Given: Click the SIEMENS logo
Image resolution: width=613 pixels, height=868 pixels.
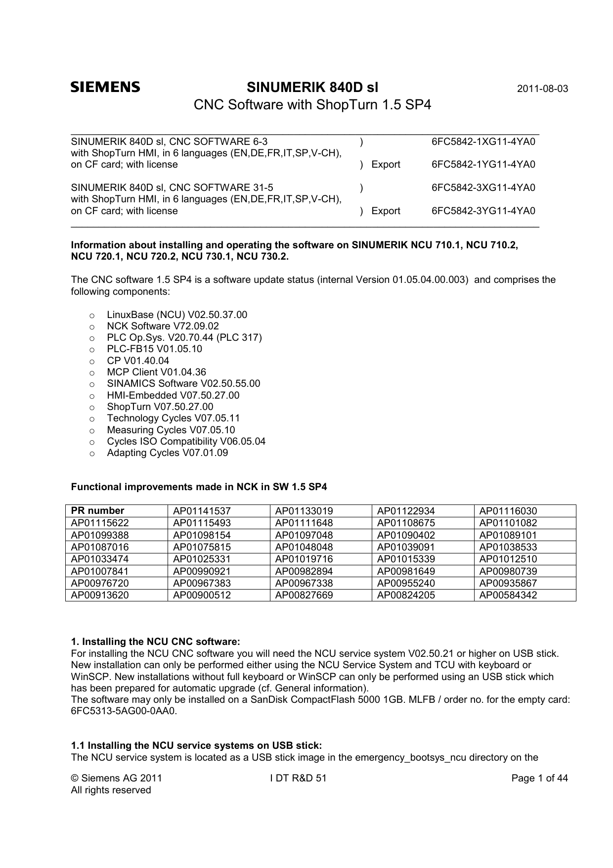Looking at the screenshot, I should coord(105,88).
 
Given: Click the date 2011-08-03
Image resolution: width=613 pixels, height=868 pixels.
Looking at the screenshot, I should coord(542,90).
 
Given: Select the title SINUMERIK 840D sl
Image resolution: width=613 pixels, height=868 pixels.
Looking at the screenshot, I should coord(312,88).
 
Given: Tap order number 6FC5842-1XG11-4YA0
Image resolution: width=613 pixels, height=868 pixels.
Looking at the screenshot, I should coord(483,142).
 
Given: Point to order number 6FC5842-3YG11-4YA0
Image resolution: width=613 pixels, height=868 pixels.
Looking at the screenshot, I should coord(483,211).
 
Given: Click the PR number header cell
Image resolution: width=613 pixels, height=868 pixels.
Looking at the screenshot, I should coord(98,510).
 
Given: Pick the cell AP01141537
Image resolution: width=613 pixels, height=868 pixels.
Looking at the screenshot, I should coord(202,511).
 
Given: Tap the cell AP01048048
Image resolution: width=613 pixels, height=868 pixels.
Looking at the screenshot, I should coord(304,547).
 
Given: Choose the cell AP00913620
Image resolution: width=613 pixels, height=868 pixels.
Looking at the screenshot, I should coord(100,595).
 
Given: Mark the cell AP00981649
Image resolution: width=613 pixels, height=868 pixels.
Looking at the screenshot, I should coord(406,571).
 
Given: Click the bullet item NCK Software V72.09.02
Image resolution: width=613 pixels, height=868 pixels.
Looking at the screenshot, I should coord(163,326).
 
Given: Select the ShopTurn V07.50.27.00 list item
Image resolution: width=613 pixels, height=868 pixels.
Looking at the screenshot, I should coord(160,407).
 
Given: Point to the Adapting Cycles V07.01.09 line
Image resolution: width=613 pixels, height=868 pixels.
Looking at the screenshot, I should coord(167,453).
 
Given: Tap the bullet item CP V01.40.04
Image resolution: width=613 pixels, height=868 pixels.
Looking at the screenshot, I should coord(138,361).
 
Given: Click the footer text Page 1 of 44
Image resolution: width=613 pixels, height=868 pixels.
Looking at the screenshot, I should coord(539,778).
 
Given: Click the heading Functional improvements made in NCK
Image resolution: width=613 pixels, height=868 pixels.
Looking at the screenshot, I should coord(199,487).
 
